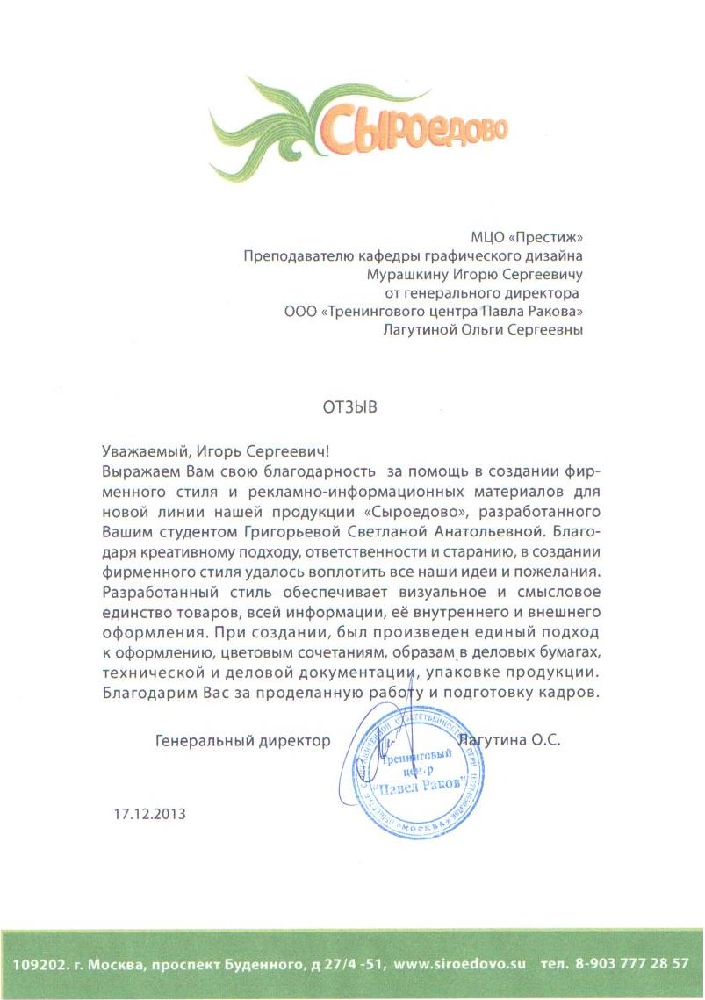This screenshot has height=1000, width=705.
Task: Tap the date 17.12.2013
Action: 150,813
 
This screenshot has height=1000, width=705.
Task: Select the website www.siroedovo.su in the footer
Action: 460,963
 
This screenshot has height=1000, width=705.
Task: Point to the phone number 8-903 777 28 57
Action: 632,963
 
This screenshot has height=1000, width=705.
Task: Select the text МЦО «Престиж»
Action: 528,235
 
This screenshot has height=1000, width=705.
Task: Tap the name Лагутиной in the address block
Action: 425,330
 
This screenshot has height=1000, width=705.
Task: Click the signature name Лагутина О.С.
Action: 515,740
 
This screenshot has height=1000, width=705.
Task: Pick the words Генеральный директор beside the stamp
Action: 242,740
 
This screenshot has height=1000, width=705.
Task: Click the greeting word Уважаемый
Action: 142,452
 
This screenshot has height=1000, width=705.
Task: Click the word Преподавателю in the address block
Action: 299,255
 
